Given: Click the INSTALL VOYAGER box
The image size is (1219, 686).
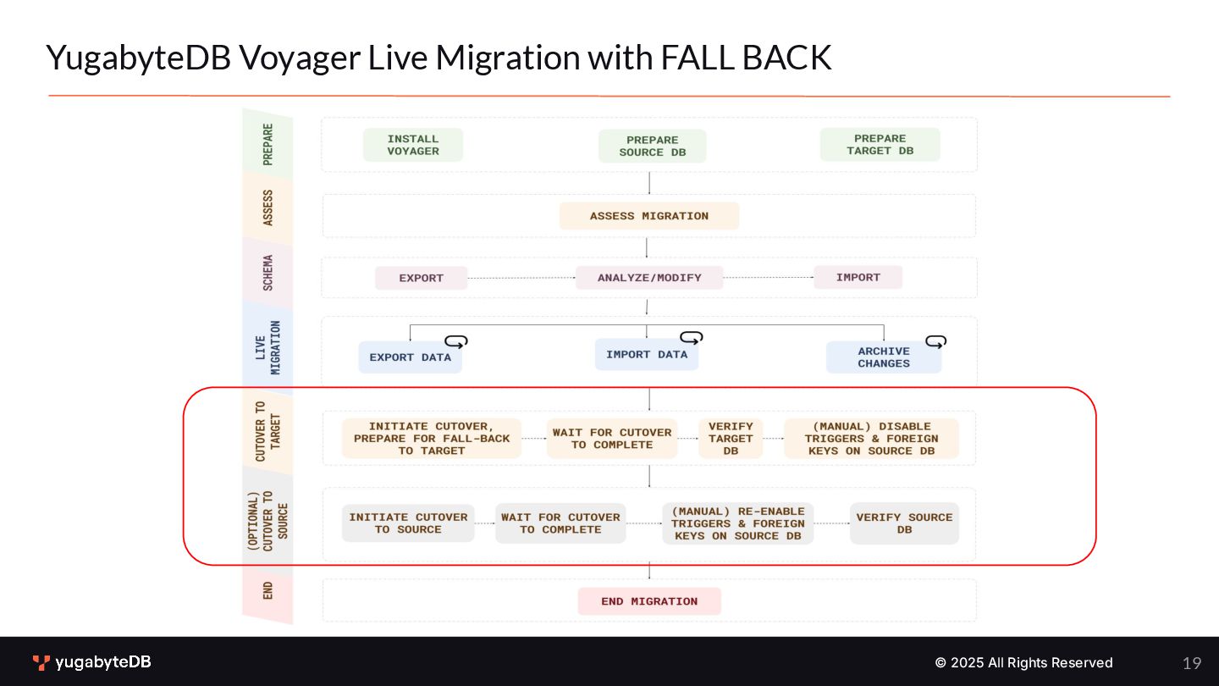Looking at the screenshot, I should pyautogui.click(x=413, y=145).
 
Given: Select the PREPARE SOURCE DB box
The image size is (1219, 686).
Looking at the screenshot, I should pyautogui.click(x=652, y=147).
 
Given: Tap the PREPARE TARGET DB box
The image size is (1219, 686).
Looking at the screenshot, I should pyautogui.click(x=880, y=145).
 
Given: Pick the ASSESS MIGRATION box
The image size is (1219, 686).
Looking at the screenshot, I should pyautogui.click(x=648, y=216).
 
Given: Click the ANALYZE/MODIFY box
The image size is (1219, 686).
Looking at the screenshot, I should pyautogui.click(x=649, y=278).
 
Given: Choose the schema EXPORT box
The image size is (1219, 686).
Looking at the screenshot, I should pyautogui.click(x=421, y=278).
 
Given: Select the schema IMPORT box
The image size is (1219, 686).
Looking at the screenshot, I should pyautogui.click(x=858, y=277).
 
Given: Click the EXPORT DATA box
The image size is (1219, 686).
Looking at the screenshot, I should pyautogui.click(x=410, y=357).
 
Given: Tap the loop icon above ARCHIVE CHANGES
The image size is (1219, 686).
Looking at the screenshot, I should pyautogui.click(x=935, y=341).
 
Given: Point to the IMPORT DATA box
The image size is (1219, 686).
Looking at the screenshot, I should pyautogui.click(x=647, y=355).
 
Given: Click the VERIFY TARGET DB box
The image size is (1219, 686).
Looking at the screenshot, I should pyautogui.click(x=731, y=439).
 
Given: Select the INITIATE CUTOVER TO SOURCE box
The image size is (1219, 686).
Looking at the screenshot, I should pyautogui.click(x=408, y=523).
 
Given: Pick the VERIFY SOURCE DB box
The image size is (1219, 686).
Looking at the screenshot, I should pyautogui.click(x=904, y=523).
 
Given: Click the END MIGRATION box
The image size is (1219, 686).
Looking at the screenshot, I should pyautogui.click(x=649, y=601).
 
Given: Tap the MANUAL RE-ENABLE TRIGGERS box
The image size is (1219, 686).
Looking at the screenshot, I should pyautogui.click(x=737, y=523).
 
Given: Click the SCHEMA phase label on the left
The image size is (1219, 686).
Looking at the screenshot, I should pyautogui.click(x=268, y=272).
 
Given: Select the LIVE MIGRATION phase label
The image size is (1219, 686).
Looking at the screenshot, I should pyautogui.click(x=268, y=347).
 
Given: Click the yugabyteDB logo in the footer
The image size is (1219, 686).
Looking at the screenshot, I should pyautogui.click(x=91, y=662).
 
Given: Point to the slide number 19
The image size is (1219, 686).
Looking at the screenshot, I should pyautogui.click(x=1192, y=663).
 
